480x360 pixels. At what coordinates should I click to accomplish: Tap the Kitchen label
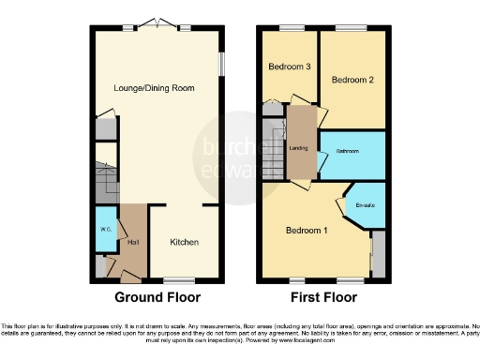pos(184,242)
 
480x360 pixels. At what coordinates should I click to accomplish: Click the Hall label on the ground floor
pos(133,242)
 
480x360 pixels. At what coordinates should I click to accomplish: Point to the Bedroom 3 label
pos(289,67)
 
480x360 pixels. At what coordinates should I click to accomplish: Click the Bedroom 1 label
pos(307,232)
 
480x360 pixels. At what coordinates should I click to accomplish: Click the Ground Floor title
pos(157,298)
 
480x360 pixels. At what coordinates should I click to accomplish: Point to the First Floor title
pos(322,298)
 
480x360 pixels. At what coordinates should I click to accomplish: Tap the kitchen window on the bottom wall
pos(177,279)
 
